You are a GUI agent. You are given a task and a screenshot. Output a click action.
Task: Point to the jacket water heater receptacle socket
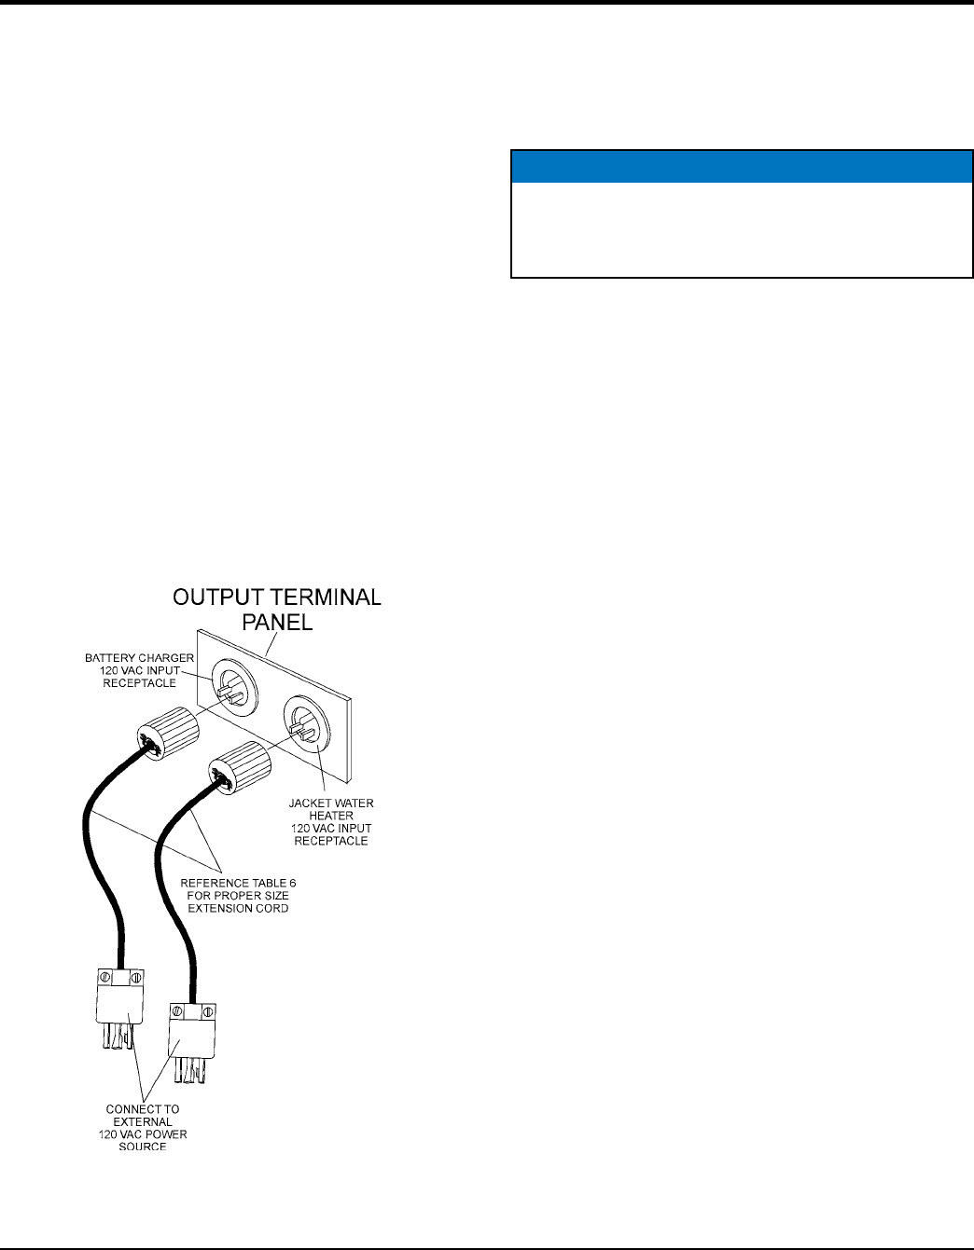pos(305,721)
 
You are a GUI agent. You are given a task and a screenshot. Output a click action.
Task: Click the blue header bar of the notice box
pos(742,166)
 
